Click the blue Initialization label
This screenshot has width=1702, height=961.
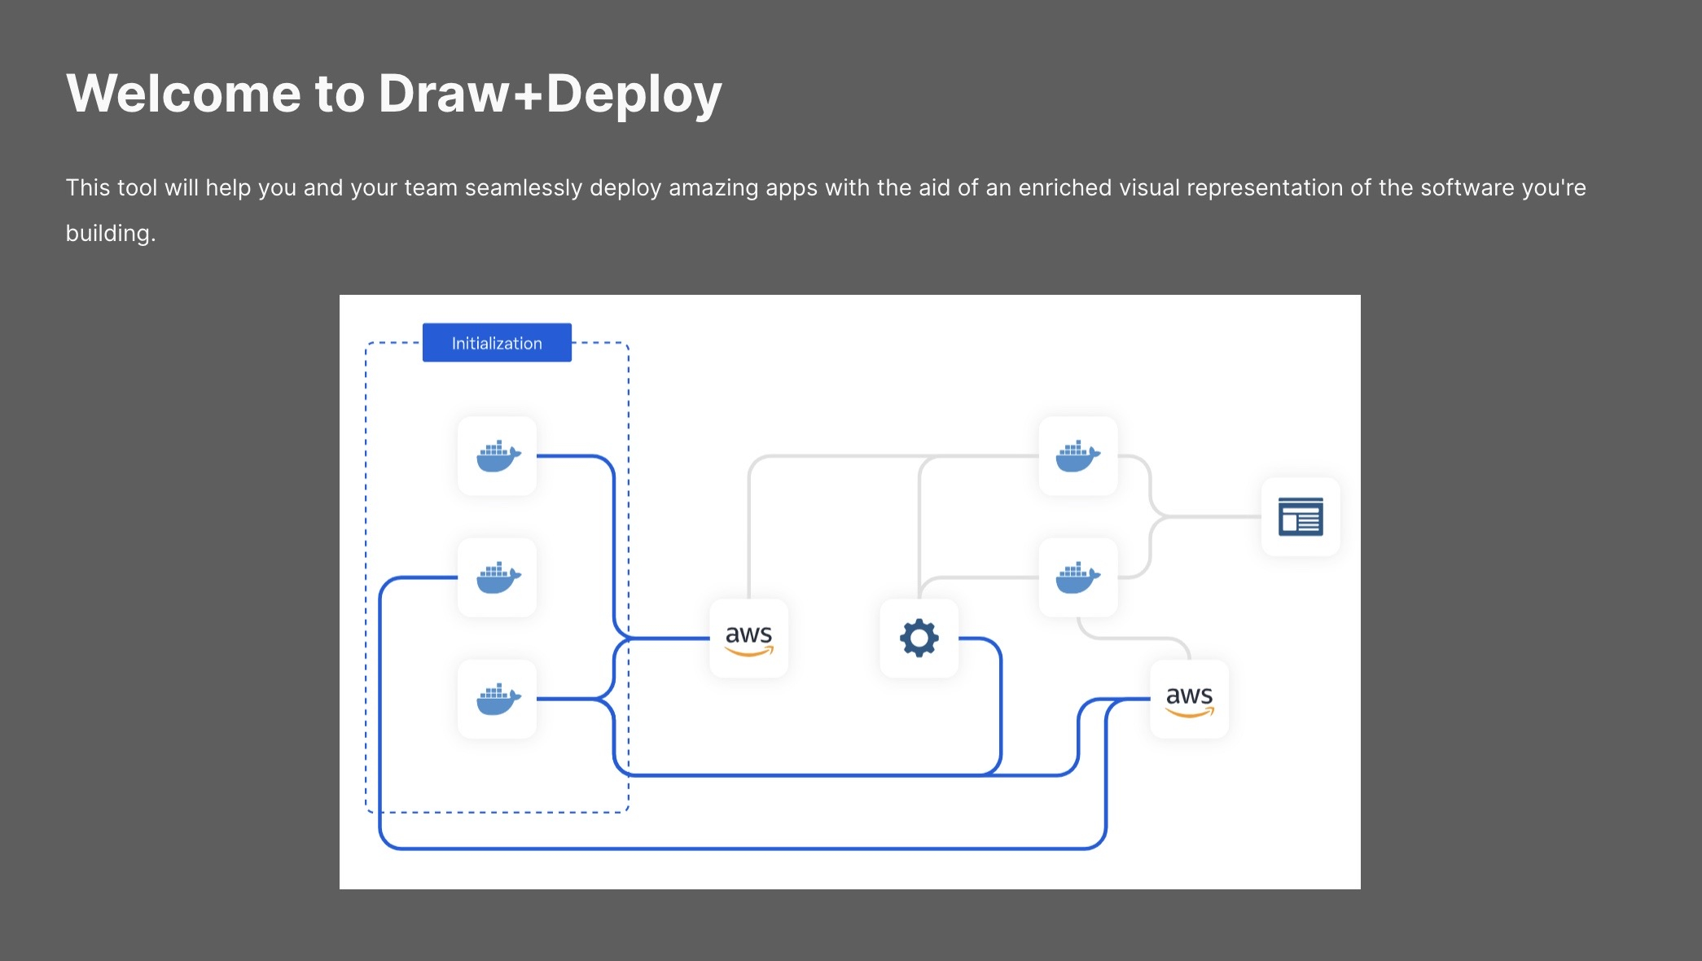[497, 343]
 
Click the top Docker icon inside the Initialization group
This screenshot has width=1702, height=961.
[498, 456]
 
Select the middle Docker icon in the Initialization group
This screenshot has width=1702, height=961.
[498, 577]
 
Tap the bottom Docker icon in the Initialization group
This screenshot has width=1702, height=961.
[498, 699]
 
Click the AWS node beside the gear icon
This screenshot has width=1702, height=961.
[748, 638]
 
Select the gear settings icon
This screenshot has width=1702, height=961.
[919, 638]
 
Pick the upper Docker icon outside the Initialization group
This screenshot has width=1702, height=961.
[1077, 456]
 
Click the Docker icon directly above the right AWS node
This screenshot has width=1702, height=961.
[1077, 577]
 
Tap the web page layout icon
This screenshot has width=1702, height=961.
[1301, 516]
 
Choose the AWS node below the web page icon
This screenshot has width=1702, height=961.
[1189, 699]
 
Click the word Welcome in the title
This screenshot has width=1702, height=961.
[184, 94]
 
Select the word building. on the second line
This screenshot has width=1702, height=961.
[110, 234]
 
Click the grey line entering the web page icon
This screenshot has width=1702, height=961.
[1213, 516]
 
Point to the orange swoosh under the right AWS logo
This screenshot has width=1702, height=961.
[1190, 713]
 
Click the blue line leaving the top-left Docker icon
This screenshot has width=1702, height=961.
[570, 456]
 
